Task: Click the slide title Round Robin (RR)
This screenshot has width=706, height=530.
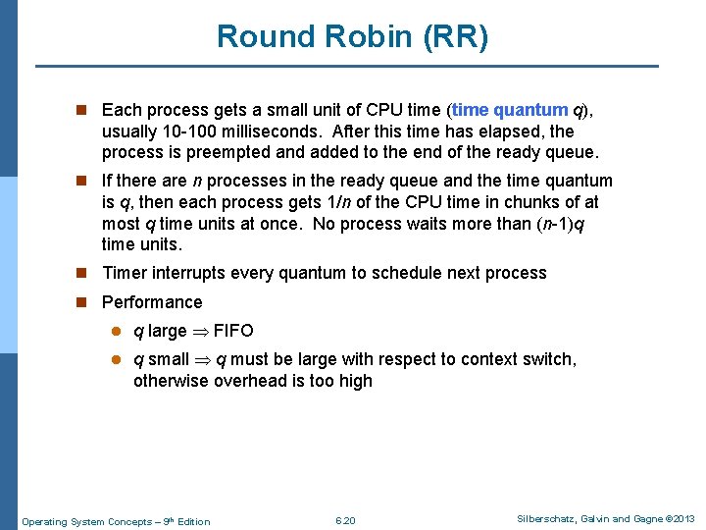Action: pos(352,36)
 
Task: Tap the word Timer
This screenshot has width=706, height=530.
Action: pos(125,273)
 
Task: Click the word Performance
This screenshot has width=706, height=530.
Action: pos(152,302)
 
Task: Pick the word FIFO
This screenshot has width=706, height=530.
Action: pos(233,331)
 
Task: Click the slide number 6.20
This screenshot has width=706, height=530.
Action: pos(345,520)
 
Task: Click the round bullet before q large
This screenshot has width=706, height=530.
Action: pos(117,331)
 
